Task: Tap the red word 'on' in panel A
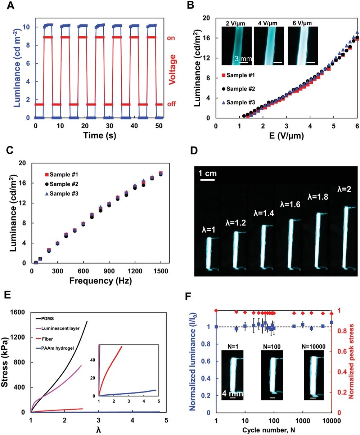point(171,37)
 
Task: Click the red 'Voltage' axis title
point(172,69)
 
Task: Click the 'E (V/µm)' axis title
point(286,136)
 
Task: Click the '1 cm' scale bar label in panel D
point(208,173)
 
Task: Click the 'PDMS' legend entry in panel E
point(49,318)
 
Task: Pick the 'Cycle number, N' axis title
point(273,430)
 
